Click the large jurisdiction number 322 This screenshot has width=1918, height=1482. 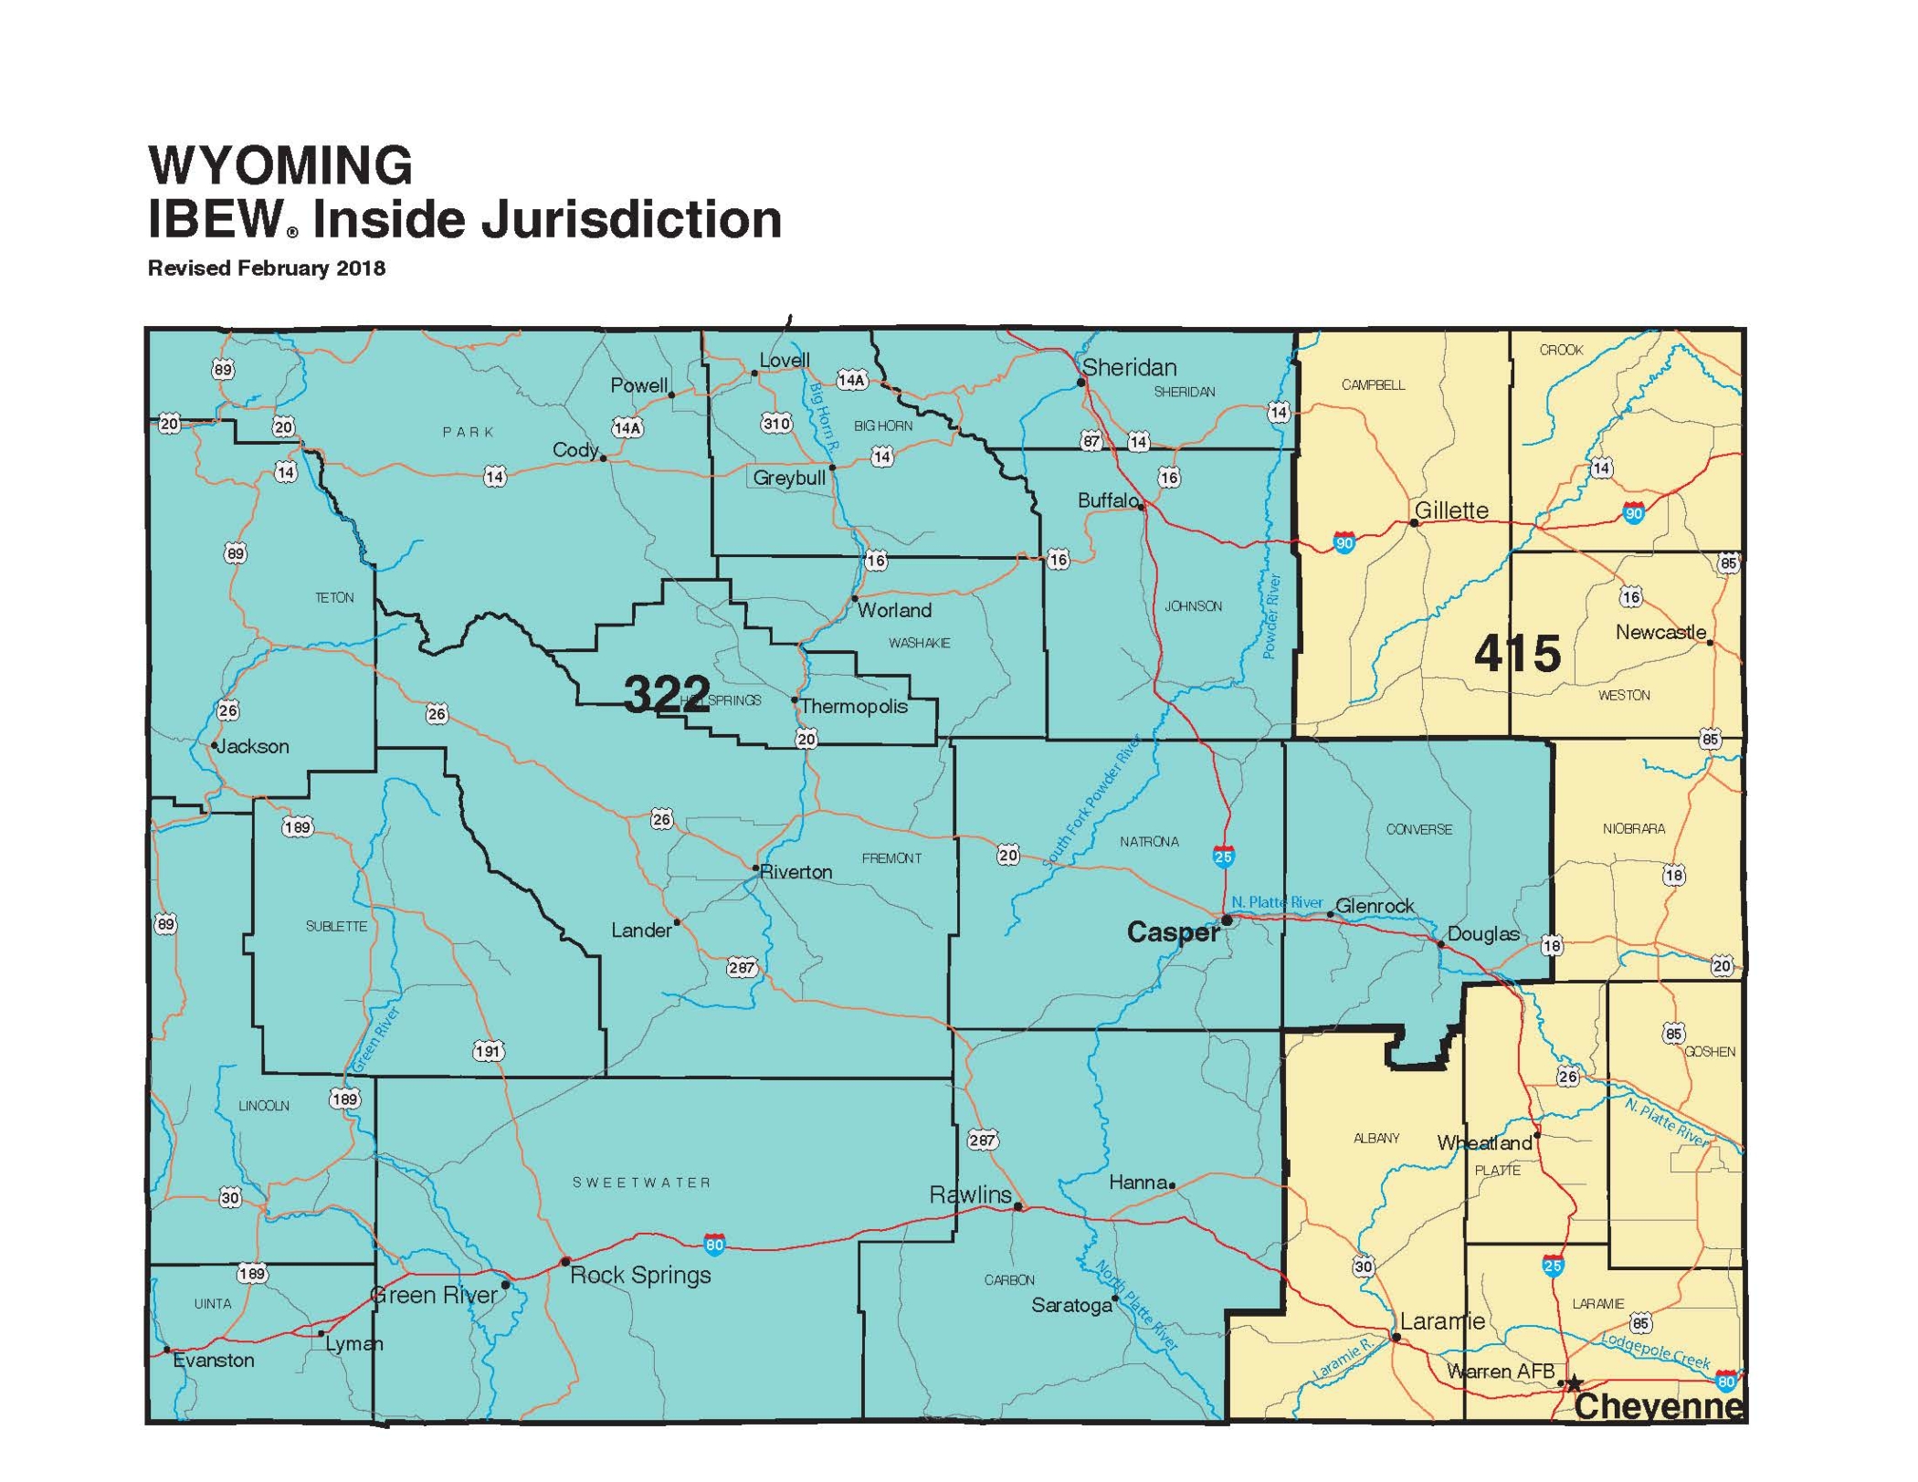tap(667, 694)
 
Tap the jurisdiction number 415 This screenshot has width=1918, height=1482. tap(1517, 654)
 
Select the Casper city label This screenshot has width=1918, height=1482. tap(1172, 932)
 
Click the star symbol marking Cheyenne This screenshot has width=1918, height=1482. tap(1574, 1384)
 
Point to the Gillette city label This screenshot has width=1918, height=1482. tap(1451, 510)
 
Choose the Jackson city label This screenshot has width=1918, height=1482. tap(253, 747)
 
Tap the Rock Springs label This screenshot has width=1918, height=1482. tap(640, 1276)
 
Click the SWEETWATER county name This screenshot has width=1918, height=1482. tap(641, 1182)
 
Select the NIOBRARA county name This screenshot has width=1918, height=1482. tap(1633, 829)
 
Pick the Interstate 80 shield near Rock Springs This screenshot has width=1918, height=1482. tap(714, 1244)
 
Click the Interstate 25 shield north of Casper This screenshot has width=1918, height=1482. tap(1223, 857)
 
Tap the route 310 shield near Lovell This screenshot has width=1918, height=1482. tap(776, 423)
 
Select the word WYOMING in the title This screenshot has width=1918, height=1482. tap(280, 165)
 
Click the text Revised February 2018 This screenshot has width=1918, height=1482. tap(267, 268)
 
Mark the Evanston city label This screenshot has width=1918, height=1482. tap(214, 1361)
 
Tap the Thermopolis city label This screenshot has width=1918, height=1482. tap(854, 707)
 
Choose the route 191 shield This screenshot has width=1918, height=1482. tap(488, 1051)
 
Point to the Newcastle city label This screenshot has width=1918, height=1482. tap(1660, 632)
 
